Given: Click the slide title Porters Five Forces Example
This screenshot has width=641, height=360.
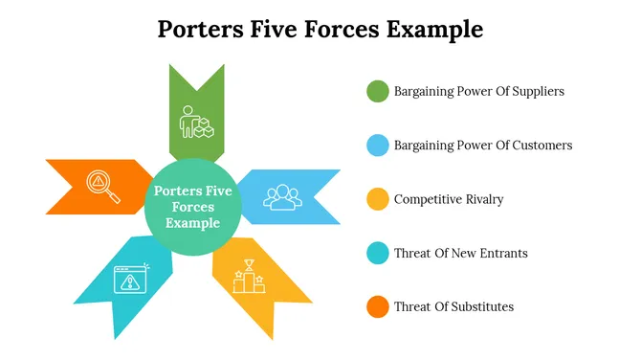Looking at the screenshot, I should [x=320, y=29].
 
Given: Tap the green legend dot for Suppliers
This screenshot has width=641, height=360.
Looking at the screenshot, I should [x=378, y=92].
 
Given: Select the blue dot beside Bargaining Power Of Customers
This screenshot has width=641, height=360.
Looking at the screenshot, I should [x=378, y=146].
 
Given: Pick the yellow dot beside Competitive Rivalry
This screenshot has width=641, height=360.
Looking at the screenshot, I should [x=378, y=199].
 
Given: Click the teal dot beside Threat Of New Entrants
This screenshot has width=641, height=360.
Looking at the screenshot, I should [x=378, y=254].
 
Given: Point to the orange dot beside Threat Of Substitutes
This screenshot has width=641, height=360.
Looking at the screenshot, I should [x=378, y=307].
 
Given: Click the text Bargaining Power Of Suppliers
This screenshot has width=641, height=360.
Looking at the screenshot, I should [x=478, y=92].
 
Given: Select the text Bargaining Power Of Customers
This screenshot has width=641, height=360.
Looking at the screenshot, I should [x=483, y=146].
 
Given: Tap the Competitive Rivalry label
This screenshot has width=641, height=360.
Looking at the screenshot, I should [x=449, y=199].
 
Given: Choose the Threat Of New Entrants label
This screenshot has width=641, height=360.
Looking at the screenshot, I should [x=460, y=254].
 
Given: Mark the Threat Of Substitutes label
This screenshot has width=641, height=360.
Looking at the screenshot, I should [x=453, y=307].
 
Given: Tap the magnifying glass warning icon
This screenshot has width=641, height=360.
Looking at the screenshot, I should [x=102, y=185].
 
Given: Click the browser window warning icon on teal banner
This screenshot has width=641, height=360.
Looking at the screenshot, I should [x=132, y=279].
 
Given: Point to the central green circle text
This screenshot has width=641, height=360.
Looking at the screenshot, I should [x=192, y=207].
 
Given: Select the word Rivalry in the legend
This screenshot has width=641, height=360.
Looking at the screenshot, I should [x=481, y=199].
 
